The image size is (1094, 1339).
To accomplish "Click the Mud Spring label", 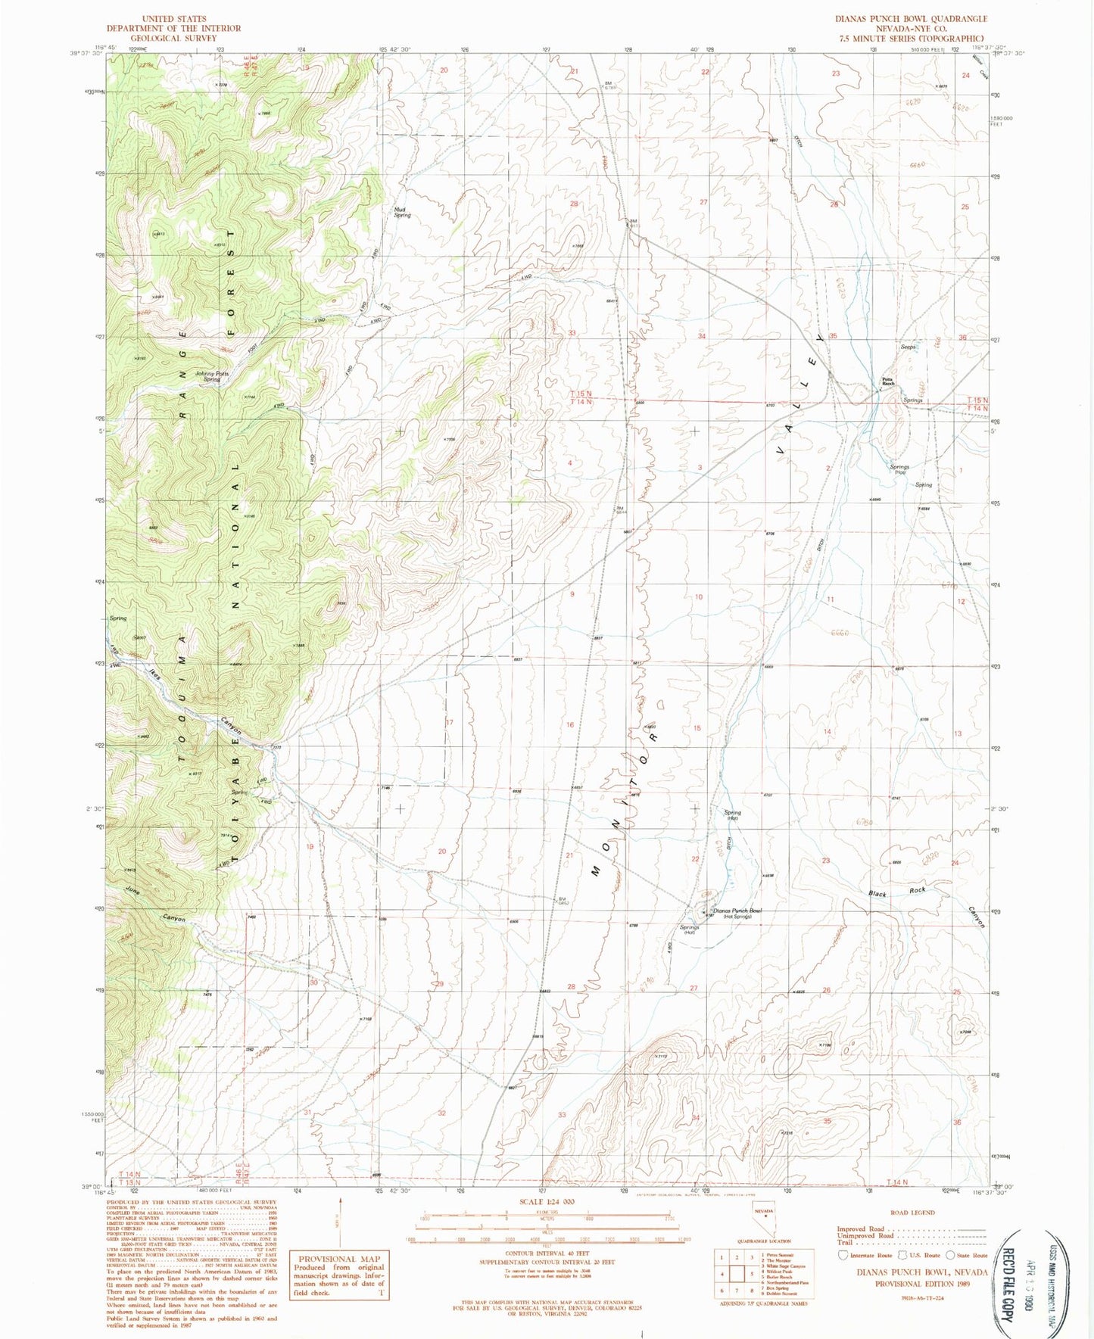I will pos(401,212).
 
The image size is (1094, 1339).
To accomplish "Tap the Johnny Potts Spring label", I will pos(211,376).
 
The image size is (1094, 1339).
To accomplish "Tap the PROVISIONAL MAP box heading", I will pos(335,1259).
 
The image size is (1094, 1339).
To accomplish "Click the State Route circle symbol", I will pos(950,1255).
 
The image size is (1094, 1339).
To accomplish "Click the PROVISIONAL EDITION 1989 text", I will pos(931,1284).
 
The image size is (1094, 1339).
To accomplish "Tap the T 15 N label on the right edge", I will pos(977,400).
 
